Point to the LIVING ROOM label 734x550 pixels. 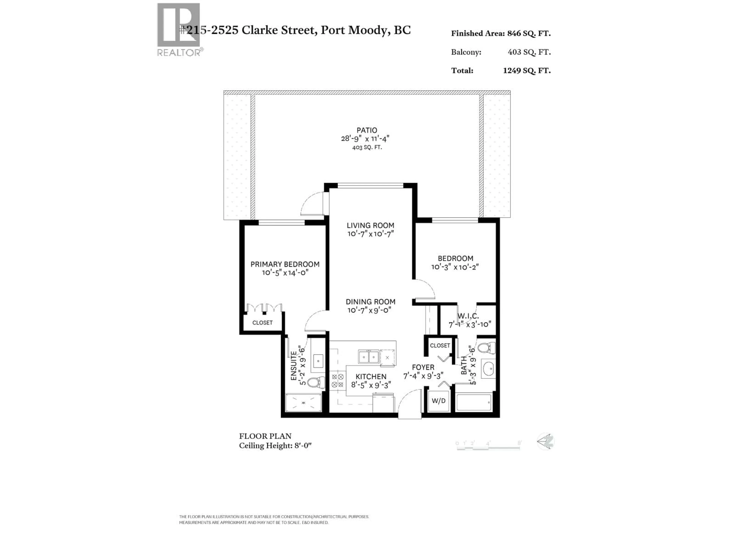click(370, 225)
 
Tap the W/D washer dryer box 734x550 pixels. click(438, 401)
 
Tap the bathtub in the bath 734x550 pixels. click(474, 402)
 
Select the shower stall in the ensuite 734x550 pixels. click(303, 403)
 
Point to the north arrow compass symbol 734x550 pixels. click(545, 442)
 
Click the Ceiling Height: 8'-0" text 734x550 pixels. click(275, 446)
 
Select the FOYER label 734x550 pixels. click(423, 367)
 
